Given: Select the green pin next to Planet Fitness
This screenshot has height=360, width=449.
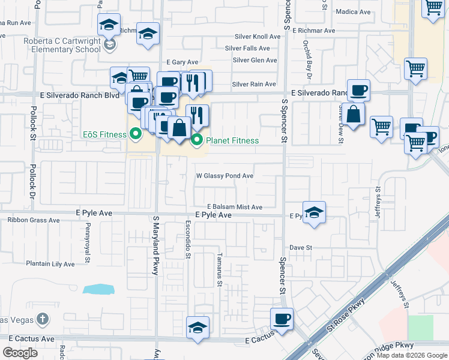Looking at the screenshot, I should click(x=196, y=141).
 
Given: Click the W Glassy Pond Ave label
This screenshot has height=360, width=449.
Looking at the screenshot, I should click(x=224, y=176).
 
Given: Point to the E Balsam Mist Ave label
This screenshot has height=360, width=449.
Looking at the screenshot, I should click(x=235, y=207).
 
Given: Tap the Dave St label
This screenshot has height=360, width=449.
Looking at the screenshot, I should click(x=301, y=247).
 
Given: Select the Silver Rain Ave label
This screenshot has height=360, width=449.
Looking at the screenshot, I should click(x=253, y=85).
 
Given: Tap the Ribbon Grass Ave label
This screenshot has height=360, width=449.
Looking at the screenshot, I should click(x=34, y=220).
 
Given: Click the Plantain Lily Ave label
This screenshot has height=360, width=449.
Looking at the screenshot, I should click(x=50, y=263).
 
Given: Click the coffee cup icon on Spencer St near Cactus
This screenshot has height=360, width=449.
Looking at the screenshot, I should click(x=282, y=319).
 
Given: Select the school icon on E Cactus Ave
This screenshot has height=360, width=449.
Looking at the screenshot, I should click(x=197, y=327).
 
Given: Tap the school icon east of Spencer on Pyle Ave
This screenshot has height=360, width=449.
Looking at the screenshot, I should click(x=314, y=212).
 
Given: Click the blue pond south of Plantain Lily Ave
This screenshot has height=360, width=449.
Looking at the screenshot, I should click(x=98, y=289).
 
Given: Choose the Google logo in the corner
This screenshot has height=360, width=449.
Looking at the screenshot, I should click(x=20, y=353).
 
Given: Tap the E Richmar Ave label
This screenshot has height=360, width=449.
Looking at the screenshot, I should click(x=312, y=30).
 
